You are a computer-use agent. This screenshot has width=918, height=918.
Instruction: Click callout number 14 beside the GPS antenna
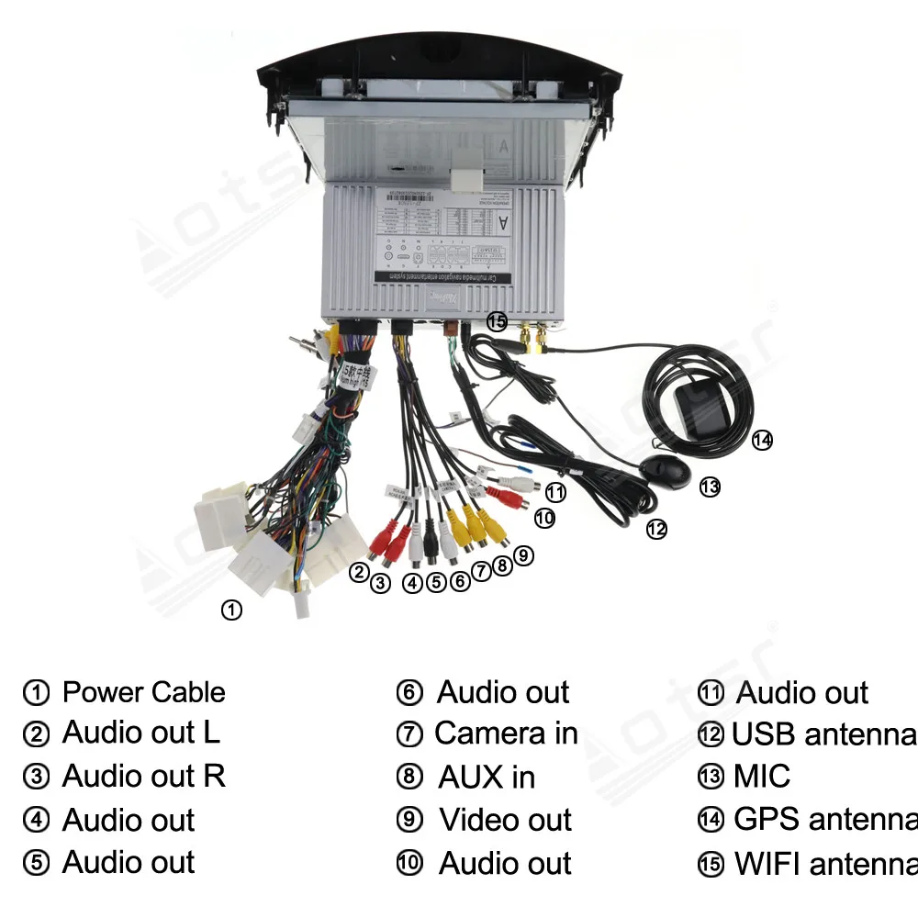762,441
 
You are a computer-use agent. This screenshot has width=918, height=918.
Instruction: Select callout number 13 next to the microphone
710,487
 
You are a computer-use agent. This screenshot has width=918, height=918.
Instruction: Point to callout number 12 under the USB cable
655,529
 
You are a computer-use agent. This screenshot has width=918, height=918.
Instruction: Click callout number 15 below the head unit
497,321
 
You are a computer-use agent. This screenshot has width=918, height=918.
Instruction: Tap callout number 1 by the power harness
232,610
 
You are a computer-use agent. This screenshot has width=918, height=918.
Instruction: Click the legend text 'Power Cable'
143,692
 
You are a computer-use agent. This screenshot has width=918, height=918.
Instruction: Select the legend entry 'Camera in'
506,733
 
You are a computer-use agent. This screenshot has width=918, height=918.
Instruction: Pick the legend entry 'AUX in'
487,777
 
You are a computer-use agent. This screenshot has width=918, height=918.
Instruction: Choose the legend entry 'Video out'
505,820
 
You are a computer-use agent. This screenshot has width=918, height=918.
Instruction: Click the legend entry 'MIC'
761,777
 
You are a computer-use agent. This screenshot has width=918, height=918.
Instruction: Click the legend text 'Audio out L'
141,733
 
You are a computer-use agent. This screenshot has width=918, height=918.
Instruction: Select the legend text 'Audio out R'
143,777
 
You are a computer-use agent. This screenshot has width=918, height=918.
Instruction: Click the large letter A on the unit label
503,222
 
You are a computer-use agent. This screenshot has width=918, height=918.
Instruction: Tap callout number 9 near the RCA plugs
523,554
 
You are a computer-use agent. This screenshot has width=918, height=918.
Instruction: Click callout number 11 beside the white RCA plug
555,492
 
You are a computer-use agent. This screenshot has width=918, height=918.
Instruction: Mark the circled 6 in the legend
409,693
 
